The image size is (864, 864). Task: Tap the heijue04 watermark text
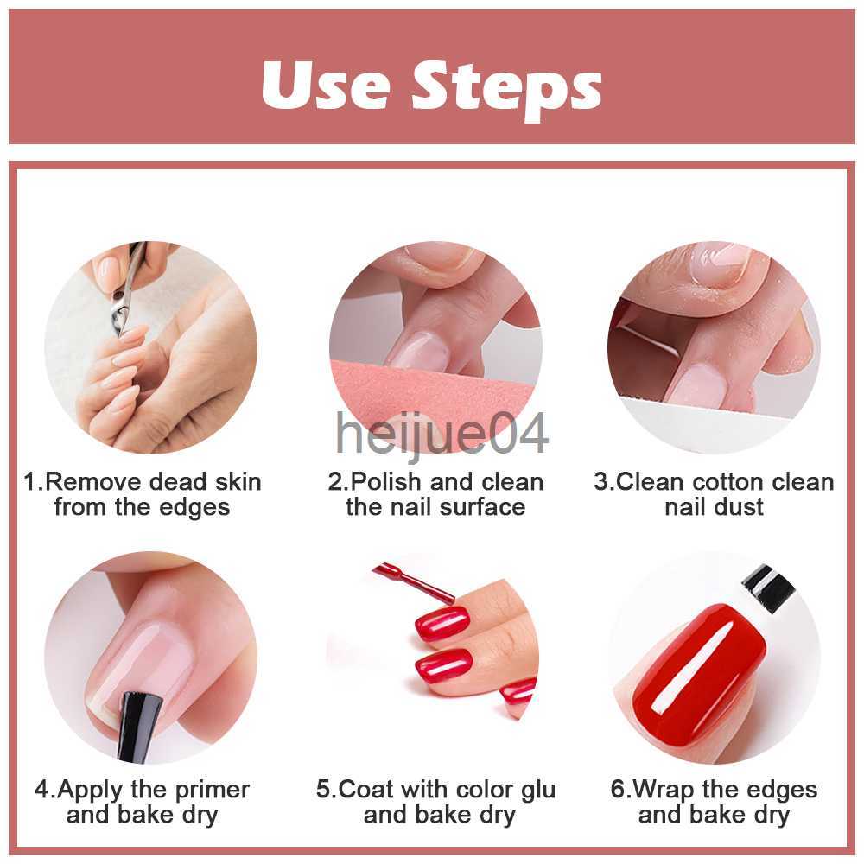click(x=442, y=435)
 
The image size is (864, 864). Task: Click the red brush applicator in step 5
click(x=413, y=580)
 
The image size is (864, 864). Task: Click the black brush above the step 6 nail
click(x=768, y=588)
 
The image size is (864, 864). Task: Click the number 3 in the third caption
click(x=601, y=481)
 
